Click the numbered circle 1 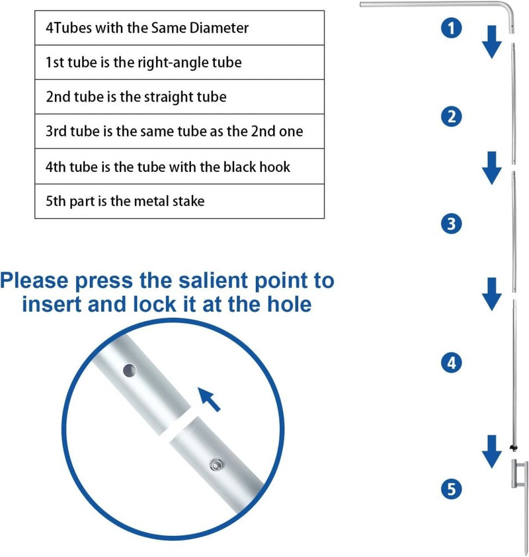tap(452, 28)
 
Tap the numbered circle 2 tap(452, 116)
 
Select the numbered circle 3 tap(452, 224)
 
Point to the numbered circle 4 tap(452, 363)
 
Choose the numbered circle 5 tap(452, 489)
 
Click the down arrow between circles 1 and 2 tap(492, 42)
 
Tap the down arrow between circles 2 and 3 tap(492, 168)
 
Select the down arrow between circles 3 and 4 tap(492, 295)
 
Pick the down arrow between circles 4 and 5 tap(492, 451)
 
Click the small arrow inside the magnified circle tap(209, 399)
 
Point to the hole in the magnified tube tap(130, 371)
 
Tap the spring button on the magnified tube tap(216, 464)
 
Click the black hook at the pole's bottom tap(513, 447)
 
